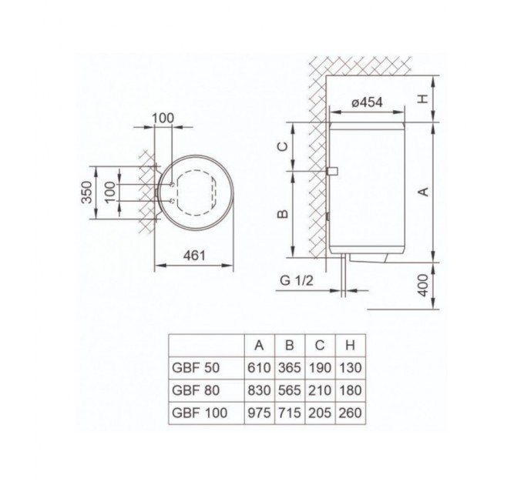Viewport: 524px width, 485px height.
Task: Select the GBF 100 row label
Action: coord(196,413)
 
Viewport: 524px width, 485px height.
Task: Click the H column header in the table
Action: coord(350,344)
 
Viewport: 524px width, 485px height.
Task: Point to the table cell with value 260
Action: coord(350,413)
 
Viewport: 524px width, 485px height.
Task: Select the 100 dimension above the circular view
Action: coord(163,118)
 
